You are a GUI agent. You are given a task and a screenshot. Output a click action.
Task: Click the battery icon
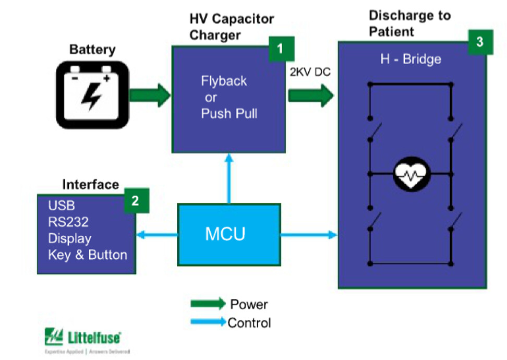click(x=92, y=94)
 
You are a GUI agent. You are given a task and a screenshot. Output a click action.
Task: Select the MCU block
click(x=225, y=234)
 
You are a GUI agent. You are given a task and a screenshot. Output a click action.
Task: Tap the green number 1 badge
click(x=281, y=50)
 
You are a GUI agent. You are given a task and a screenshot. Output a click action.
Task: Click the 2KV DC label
click(x=310, y=72)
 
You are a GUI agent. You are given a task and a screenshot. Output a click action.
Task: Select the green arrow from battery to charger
click(x=150, y=95)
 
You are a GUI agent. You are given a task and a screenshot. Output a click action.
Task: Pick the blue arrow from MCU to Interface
click(x=156, y=235)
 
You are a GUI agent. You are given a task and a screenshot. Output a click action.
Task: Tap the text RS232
click(x=68, y=222)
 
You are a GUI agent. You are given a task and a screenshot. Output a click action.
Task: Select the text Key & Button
click(x=87, y=255)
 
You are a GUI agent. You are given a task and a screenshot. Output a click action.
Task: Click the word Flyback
click(x=224, y=81)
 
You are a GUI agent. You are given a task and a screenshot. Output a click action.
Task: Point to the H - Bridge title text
click(x=410, y=59)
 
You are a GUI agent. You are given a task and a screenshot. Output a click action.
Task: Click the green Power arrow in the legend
click(x=208, y=304)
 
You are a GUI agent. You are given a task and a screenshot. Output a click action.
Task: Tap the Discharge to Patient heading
click(x=409, y=23)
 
